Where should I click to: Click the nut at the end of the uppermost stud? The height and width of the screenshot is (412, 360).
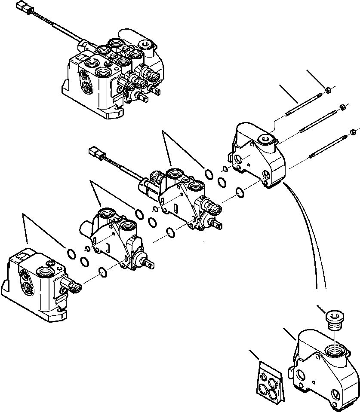pyautogui.click(x=327, y=89)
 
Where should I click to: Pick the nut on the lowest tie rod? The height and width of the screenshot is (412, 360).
pyautogui.click(x=353, y=132)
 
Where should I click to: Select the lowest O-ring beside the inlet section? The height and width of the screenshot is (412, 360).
pyautogui.click(x=103, y=271)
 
